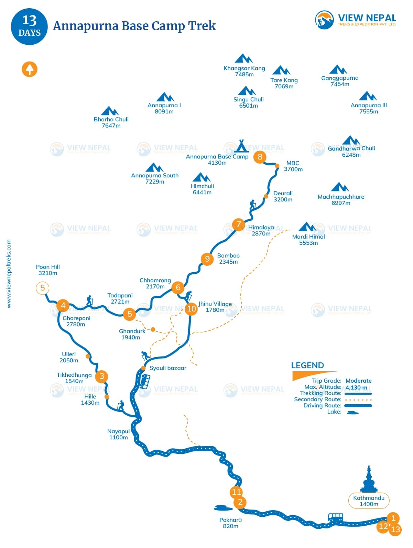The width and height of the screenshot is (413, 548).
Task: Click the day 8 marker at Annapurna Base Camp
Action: (260, 157)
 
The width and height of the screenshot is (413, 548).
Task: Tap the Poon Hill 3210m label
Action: (48, 270)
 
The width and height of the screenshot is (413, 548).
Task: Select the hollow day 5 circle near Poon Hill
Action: (43, 288)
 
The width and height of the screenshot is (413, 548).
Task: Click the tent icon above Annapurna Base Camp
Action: (241, 146)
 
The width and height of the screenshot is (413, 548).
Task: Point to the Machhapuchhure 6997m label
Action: (341, 200)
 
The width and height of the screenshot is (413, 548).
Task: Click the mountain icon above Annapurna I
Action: (165, 97)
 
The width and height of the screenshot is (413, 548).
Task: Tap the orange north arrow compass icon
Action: (30, 69)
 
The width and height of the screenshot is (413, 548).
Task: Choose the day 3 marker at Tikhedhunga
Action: (102, 376)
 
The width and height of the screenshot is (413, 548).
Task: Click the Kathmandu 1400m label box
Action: (369, 501)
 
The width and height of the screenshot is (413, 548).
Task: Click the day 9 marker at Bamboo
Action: (207, 259)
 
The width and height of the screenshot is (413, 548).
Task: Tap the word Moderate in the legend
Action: (358, 381)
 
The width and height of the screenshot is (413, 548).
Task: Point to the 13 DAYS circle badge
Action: (29, 26)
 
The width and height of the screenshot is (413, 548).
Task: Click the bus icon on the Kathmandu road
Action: (335, 517)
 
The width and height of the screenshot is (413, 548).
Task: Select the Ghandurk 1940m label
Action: (132, 334)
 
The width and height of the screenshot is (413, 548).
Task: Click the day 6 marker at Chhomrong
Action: (178, 287)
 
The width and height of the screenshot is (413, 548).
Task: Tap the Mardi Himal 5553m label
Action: (308, 240)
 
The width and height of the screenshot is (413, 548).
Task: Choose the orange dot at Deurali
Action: (266, 196)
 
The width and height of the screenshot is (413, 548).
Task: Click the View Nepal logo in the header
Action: (356, 20)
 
